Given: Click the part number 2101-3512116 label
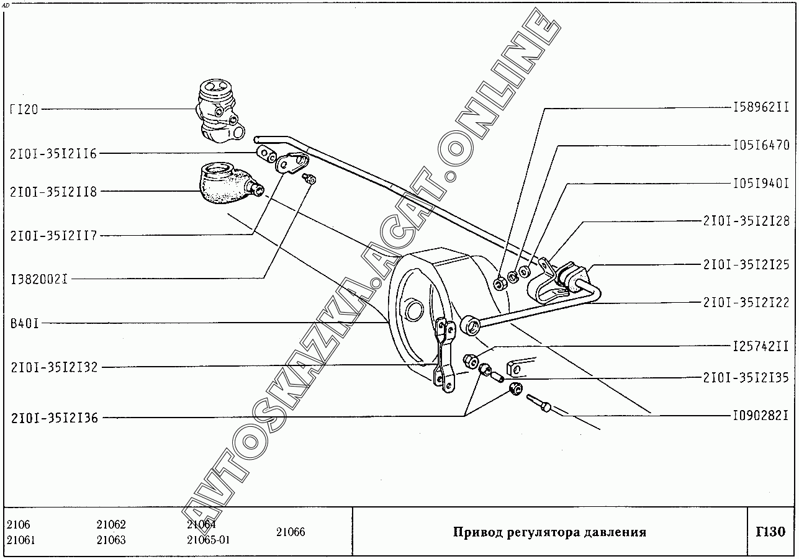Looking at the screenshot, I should tap(53, 154).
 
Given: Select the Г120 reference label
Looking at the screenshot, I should tap(24, 110).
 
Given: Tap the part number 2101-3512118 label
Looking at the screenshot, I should tap(53, 192).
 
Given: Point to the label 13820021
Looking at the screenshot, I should tap(39, 279).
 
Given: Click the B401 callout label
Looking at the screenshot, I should tap(24, 323).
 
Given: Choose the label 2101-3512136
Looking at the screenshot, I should tap(54, 418).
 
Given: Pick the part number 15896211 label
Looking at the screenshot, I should tap(760, 107).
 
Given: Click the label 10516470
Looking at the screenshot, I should tap(760, 146).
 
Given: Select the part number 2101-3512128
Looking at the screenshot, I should tap(746, 220).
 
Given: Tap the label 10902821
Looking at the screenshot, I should tap(760, 415).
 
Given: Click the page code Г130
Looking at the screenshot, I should tap(771, 532).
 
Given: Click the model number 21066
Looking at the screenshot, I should tap(291, 532).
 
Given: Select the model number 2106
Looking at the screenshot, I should tap(18, 524).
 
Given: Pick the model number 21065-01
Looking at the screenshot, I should tap(208, 540).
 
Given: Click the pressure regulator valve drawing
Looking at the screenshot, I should tap(218, 110).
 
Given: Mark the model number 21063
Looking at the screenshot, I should tap(111, 540).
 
